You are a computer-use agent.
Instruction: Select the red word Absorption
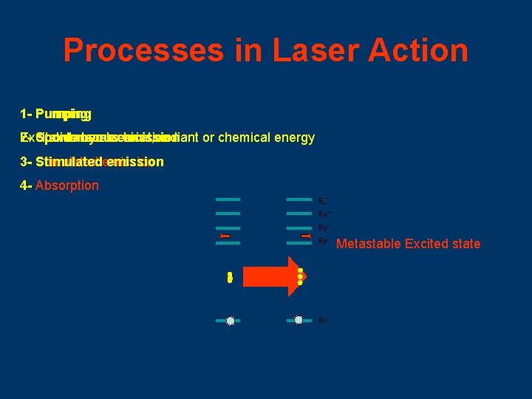[x=66, y=185]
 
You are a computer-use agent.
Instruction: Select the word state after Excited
[x=465, y=244]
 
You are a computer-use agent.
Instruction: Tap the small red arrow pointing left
[x=225, y=237]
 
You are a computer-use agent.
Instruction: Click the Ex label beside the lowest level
[x=322, y=321]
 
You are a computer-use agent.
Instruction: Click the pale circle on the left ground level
[x=230, y=321]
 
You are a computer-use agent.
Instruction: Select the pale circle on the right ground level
[x=299, y=320]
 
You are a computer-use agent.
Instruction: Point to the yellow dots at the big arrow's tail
[x=230, y=277]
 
